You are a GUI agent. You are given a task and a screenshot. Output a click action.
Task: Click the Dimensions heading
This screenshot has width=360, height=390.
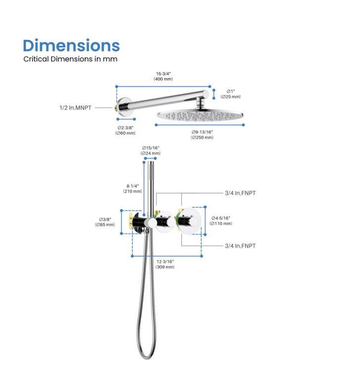click(71, 46)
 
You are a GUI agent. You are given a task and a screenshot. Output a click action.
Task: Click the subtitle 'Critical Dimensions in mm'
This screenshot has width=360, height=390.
click(70, 59)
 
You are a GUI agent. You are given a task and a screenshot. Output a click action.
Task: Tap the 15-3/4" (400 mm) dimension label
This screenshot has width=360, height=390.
click(163, 76)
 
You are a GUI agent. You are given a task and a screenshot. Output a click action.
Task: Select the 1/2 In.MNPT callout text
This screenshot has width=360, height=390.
click(75, 108)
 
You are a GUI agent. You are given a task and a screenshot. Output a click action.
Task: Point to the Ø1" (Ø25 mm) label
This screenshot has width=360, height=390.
click(230, 94)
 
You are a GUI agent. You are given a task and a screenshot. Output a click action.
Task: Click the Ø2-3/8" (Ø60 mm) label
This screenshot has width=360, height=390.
click(126, 130)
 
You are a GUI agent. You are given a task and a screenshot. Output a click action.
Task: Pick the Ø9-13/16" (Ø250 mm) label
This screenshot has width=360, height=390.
click(202, 134)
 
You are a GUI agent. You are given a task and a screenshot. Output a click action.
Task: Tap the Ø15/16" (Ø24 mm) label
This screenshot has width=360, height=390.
click(150, 150)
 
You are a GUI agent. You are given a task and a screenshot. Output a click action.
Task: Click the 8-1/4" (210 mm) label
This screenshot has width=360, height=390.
click(133, 188)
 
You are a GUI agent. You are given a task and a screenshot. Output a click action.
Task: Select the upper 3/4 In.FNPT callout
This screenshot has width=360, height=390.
click(240, 193)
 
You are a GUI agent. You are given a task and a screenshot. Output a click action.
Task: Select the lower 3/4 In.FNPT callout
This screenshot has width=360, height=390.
click(240, 246)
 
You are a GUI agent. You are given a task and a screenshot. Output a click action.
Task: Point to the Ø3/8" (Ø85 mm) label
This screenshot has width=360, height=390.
click(105, 222)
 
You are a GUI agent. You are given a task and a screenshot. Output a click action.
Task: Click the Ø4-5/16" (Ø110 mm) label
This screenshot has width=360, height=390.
click(221, 220)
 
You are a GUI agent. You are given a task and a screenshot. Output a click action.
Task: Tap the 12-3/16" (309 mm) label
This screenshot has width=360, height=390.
click(165, 264)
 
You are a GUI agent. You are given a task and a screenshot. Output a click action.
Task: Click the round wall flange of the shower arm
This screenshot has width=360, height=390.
click(121, 107)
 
